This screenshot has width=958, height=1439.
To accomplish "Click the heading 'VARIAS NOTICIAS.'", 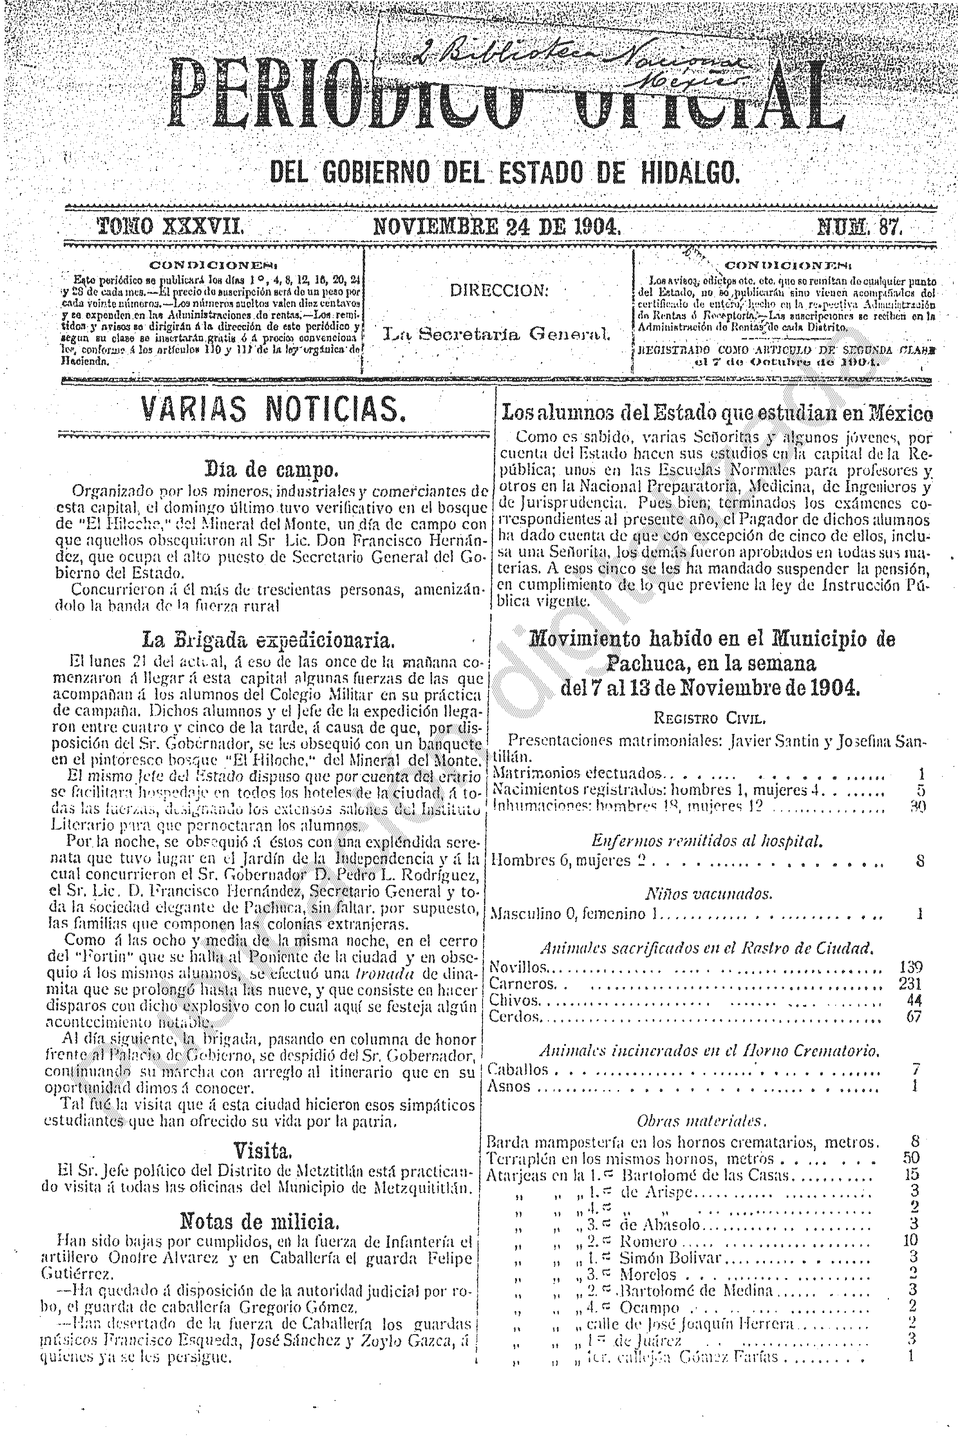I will pos(273,409).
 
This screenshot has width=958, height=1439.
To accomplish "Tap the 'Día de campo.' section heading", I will pos(271,470).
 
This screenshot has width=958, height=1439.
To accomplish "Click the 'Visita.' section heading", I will pos(263,1151).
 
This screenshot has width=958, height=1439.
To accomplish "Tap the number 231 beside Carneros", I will pos(910,984).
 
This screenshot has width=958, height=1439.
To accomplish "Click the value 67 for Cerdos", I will pos(913,1017).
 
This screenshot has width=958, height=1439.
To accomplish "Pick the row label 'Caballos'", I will pos(517,1069).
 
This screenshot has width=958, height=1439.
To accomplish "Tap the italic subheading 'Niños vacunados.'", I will pos(709,894).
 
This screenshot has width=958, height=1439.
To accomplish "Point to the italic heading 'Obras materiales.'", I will pos(701,1121).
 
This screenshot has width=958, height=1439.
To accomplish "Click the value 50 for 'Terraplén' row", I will pos(911,1157).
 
